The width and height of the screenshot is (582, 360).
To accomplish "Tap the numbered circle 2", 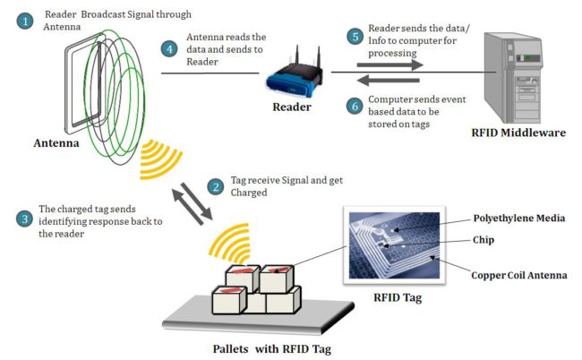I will point(215,187).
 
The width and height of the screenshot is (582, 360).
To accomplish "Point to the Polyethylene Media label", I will point(520,218).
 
